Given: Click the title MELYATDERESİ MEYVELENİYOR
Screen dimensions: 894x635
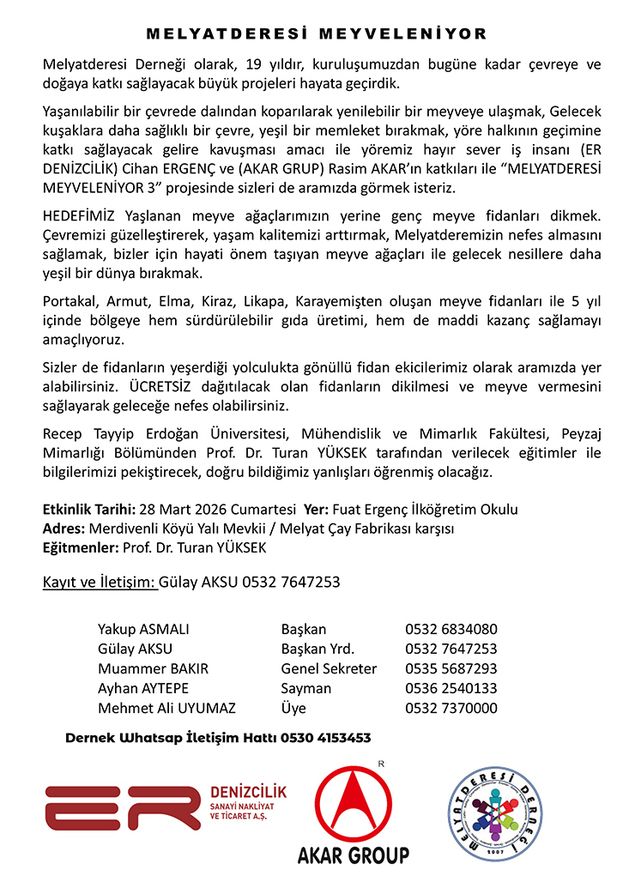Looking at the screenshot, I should pos(317,34).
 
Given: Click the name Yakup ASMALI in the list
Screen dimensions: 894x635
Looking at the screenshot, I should pos(143,629).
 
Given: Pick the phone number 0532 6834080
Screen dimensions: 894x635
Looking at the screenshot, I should pos(451,629).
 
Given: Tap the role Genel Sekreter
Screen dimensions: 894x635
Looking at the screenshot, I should pos(329,668).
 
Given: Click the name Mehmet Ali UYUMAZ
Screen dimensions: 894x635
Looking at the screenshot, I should pos(166,708).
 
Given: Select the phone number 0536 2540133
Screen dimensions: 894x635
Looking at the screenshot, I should pos(451,688).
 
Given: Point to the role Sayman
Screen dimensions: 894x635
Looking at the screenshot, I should pos(305,688).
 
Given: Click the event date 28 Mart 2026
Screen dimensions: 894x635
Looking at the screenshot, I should pos(186,510).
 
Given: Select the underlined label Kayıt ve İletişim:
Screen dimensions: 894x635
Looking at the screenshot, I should pos(99,583).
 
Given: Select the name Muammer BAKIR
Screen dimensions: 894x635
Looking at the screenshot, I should pos(153,668).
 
